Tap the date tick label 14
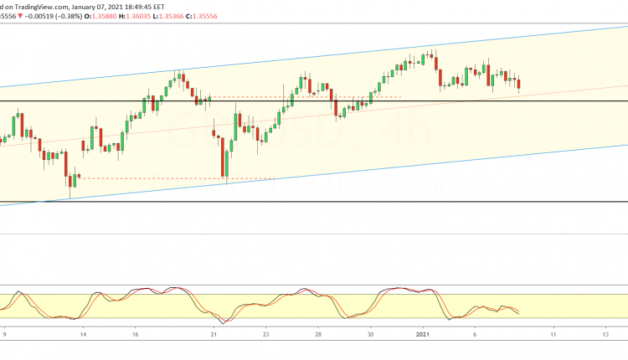click(84, 333)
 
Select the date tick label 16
click(135, 333)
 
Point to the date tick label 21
click(214, 333)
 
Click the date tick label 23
click(265, 333)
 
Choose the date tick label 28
click(318, 333)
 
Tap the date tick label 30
click(370, 333)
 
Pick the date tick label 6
click(475, 333)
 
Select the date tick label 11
click(553, 333)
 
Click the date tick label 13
click(605, 333)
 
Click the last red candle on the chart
click(519, 83)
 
